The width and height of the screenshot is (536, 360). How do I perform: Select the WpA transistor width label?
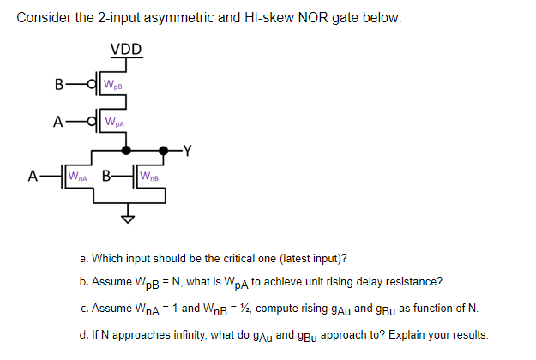[x=113, y=121]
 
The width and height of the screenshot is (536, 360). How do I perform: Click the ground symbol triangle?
[x=129, y=217]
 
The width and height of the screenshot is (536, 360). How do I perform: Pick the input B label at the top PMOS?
[x=58, y=84]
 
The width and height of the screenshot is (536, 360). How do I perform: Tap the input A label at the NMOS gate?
[x=33, y=177]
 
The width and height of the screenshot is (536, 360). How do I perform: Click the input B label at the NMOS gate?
[x=106, y=177]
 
